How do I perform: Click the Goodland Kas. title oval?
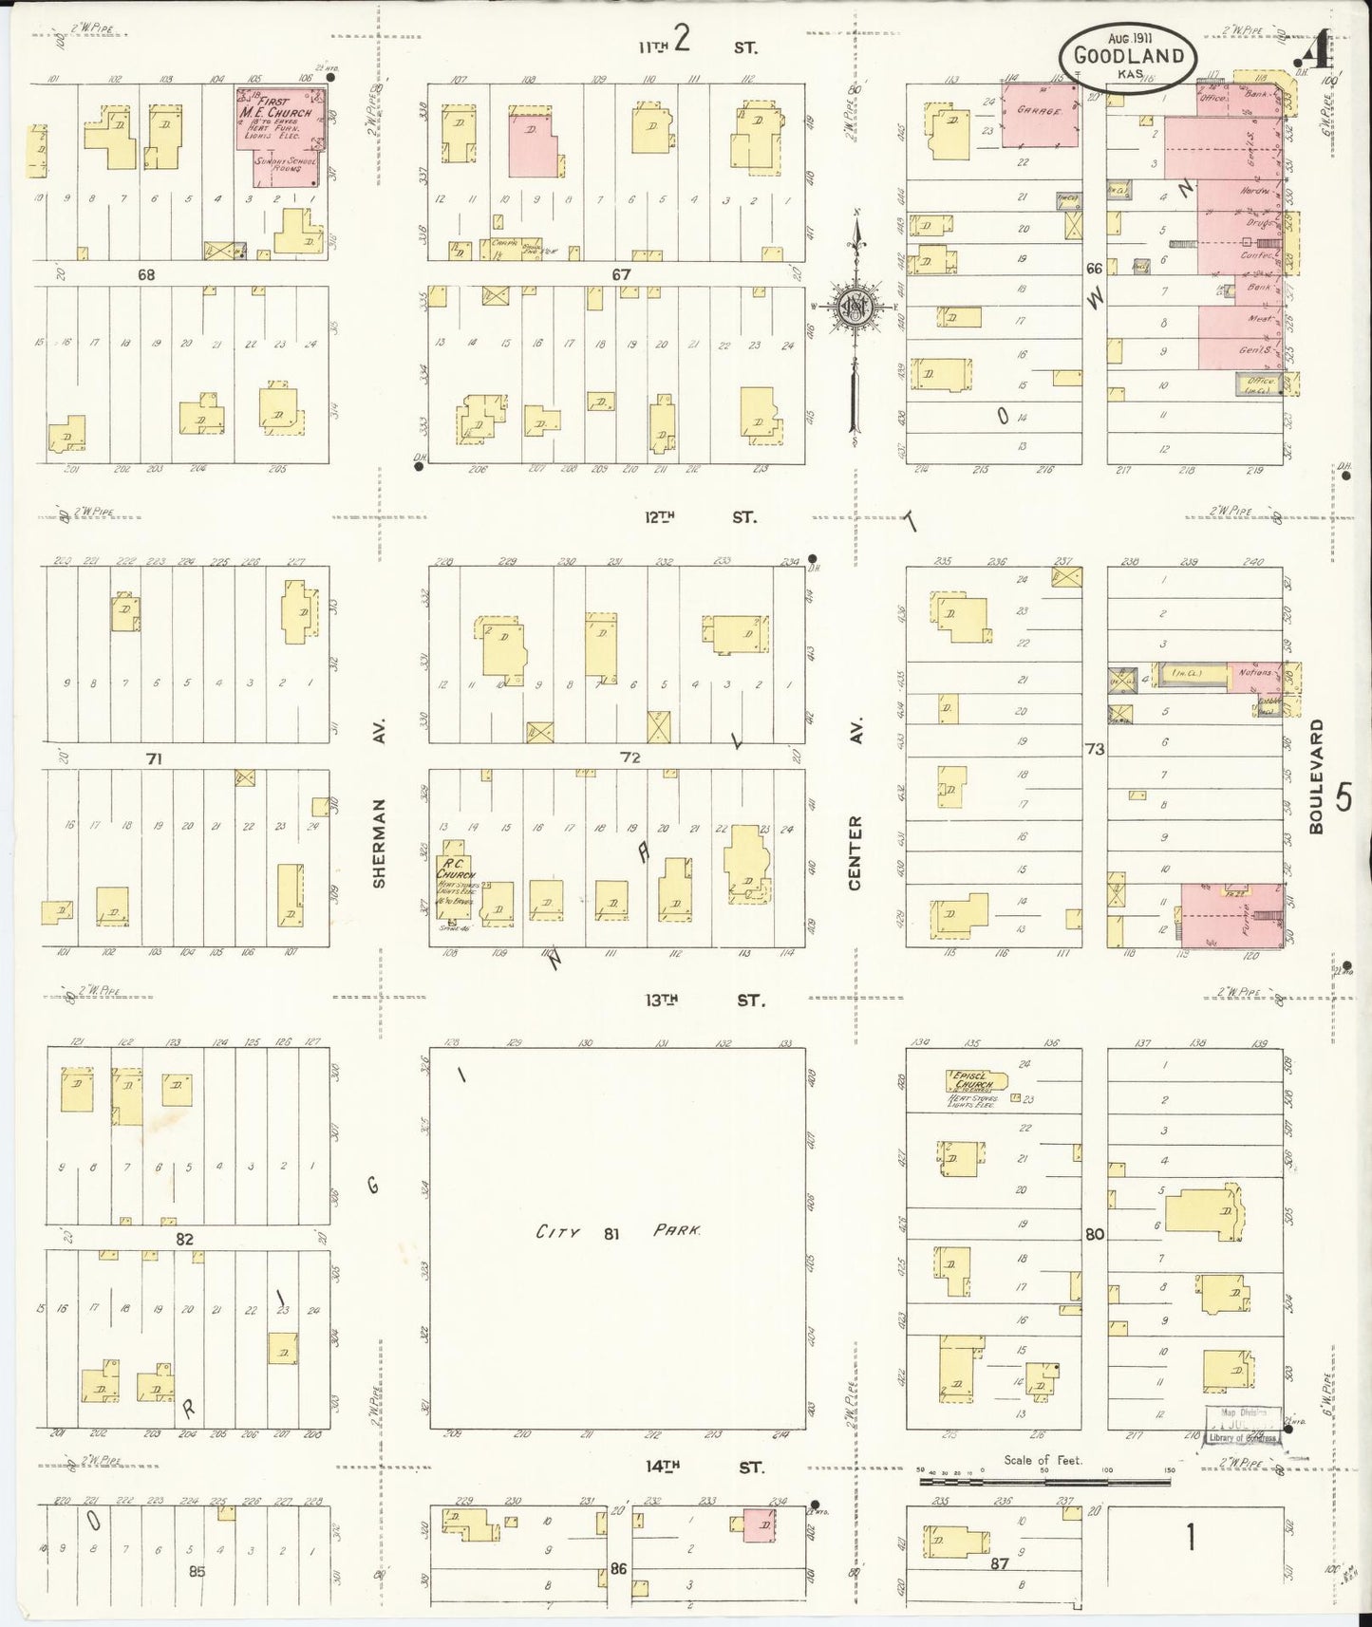(1128, 56)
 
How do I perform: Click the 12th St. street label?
(698, 517)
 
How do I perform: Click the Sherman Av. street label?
(379, 842)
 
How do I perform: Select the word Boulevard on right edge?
(1315, 776)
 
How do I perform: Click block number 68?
(145, 274)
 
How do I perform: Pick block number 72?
(630, 757)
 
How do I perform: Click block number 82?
(183, 1239)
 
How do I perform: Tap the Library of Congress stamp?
(1243, 1426)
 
